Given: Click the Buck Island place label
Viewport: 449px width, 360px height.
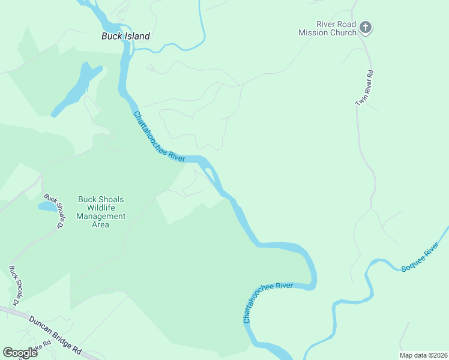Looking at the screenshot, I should (125, 36).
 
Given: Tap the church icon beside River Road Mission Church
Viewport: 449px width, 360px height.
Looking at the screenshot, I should (366, 28).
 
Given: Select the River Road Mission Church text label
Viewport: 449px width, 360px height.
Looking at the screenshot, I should (327, 29).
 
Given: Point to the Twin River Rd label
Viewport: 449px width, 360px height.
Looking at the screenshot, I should (364, 89).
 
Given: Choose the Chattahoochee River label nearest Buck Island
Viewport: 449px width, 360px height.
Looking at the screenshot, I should (159, 136).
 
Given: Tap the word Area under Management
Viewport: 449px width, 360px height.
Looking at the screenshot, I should (101, 224).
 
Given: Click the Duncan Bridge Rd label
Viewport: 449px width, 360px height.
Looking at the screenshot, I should (55, 336).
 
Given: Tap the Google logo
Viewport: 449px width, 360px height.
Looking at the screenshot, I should (20, 353).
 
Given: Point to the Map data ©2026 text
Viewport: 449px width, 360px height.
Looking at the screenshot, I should (423, 355).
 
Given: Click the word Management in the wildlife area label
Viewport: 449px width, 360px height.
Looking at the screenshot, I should (101, 217).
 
